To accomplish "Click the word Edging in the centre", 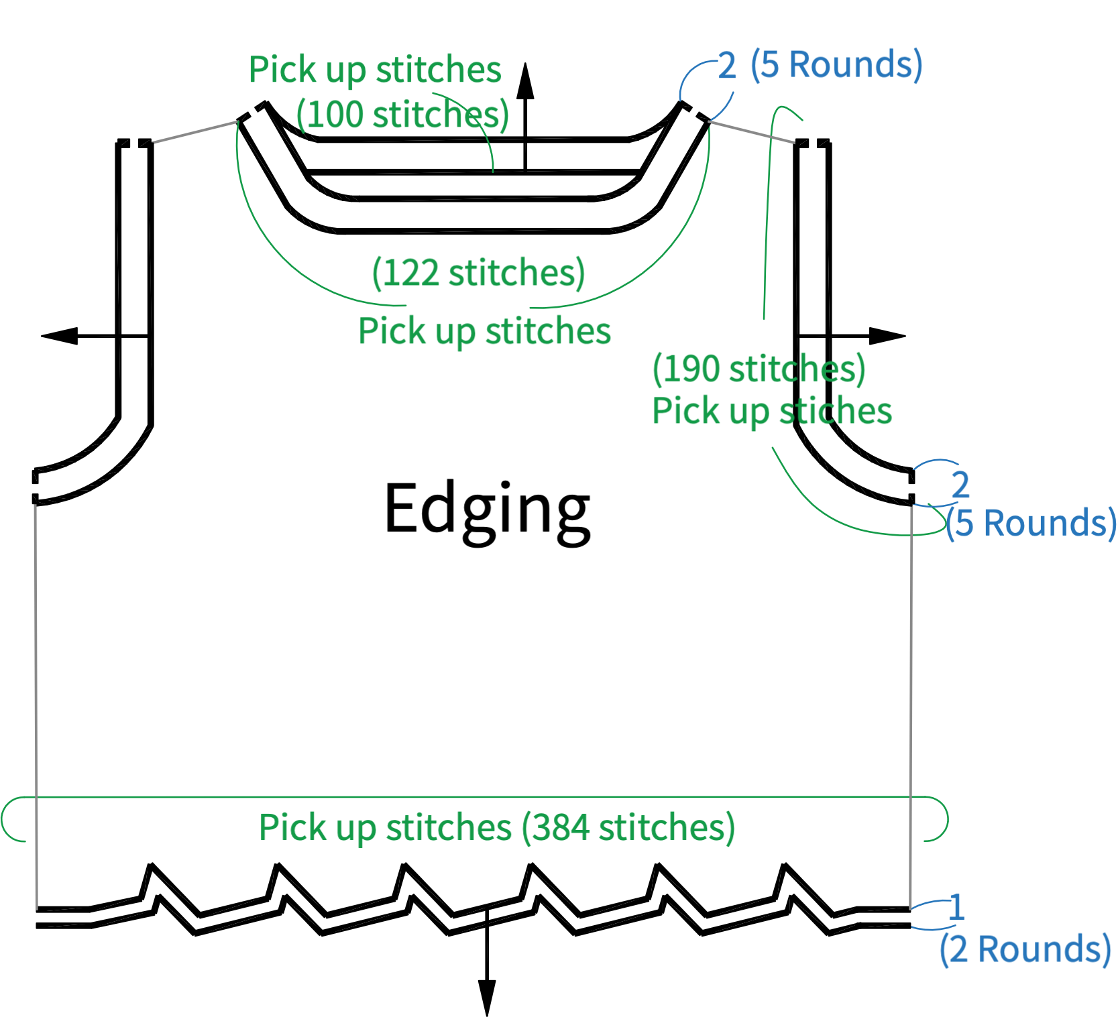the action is (487, 512).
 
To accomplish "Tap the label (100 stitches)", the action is (403, 115).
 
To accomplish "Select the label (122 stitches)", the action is (479, 273).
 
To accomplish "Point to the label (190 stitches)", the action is (759, 369).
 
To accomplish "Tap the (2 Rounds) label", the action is (1025, 950).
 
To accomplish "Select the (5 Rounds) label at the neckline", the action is (836, 65).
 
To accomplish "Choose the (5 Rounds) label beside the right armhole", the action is (1031, 523).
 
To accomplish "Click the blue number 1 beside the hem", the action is (957, 907).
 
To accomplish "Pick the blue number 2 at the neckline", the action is (727, 66).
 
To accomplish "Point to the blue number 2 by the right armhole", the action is (960, 484).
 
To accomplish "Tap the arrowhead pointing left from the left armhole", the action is (60, 335).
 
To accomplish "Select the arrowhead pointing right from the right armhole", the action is (887, 336).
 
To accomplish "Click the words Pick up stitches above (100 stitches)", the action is (375, 70).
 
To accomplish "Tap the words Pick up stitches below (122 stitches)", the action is (484, 331).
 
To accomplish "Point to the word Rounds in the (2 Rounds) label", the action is (1040, 949).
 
